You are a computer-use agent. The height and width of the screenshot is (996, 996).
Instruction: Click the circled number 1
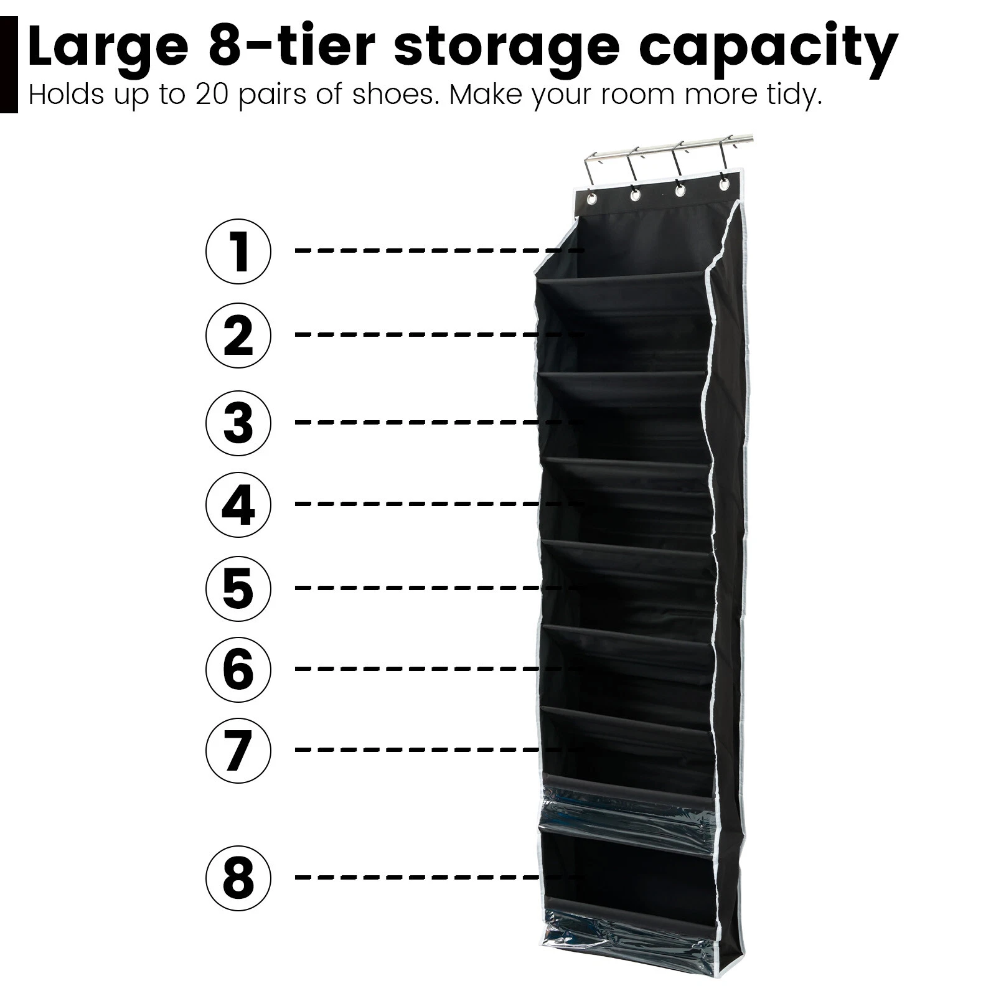click(x=238, y=251)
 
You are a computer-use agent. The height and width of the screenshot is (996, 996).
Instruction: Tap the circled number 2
click(x=238, y=336)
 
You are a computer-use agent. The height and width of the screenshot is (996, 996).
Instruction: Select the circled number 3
click(x=238, y=423)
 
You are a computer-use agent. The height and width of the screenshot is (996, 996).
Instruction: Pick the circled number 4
click(x=238, y=504)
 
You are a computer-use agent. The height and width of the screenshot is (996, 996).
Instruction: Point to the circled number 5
click(x=238, y=588)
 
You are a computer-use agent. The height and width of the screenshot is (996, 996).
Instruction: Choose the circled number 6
click(x=238, y=669)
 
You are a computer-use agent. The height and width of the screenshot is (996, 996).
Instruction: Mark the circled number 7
click(x=238, y=750)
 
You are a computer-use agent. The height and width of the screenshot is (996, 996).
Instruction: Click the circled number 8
click(x=238, y=878)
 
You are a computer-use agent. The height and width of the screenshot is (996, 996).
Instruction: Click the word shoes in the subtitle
click(x=393, y=95)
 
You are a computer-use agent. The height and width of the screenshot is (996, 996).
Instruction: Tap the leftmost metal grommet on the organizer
click(x=590, y=200)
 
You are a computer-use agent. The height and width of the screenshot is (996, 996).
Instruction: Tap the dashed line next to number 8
click(x=436, y=878)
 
